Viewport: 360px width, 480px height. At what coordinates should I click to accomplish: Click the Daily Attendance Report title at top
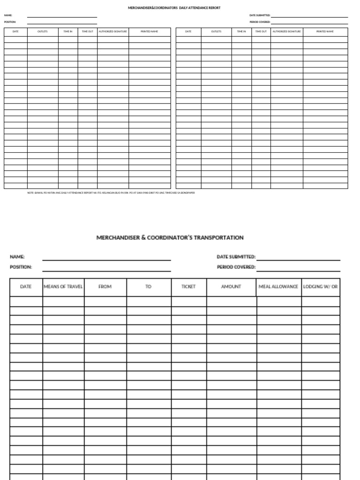point(174,8)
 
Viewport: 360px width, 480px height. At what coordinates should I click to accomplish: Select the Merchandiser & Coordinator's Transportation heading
point(170,238)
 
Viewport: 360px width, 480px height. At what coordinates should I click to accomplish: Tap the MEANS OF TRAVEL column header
point(63,286)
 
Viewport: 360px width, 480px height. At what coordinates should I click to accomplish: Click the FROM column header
point(105,286)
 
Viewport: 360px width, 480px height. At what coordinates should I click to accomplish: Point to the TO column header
point(149,286)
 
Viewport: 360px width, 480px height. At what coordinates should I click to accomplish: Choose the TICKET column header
point(188,286)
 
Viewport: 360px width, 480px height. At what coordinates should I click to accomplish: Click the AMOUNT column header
point(231,286)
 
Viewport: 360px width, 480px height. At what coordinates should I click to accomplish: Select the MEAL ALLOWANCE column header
point(278,286)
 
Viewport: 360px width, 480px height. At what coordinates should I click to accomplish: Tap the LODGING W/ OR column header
point(320,286)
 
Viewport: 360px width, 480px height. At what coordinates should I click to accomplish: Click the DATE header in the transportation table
point(26,286)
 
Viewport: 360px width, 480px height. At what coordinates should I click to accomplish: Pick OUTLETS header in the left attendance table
point(43,31)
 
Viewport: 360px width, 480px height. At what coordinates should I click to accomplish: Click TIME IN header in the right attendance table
point(241,31)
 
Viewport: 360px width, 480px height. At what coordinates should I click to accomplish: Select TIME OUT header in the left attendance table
point(88,31)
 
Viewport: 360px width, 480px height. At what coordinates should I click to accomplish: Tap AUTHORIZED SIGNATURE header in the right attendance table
point(286,31)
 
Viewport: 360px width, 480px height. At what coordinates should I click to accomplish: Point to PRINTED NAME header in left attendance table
point(150,31)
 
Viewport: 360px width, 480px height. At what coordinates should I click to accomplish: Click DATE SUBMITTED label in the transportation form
point(236,257)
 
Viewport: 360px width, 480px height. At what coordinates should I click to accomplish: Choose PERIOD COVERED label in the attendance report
point(260,22)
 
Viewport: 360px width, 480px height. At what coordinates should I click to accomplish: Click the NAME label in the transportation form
point(17,257)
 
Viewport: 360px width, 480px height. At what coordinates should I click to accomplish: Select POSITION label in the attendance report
point(10,22)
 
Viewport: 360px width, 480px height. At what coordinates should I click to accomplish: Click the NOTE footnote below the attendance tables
point(111,193)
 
